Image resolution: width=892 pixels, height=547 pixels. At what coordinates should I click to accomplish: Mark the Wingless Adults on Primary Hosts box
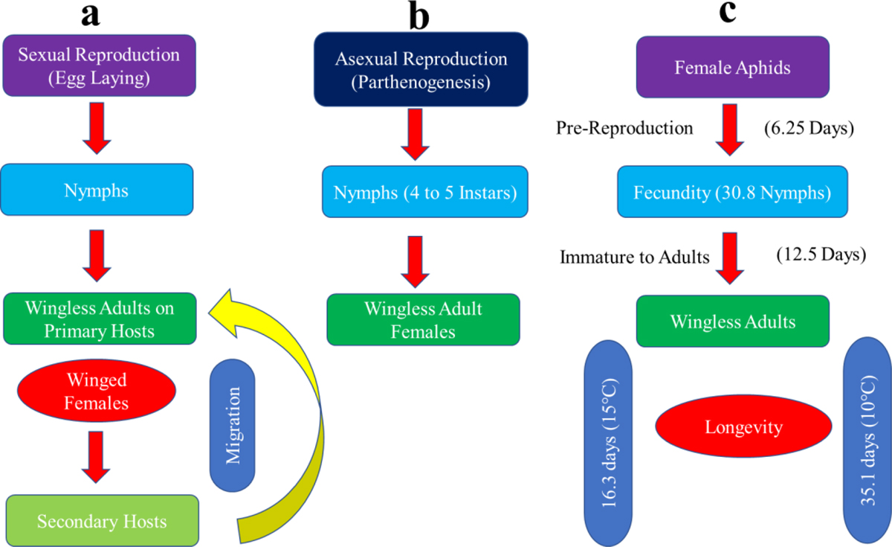coord(99,318)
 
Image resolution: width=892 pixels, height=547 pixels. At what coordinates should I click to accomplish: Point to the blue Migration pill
coord(233,425)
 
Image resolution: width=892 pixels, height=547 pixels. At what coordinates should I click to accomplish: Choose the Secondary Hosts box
coord(103,520)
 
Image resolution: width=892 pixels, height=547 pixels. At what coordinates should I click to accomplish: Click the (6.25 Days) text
coord(807,129)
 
